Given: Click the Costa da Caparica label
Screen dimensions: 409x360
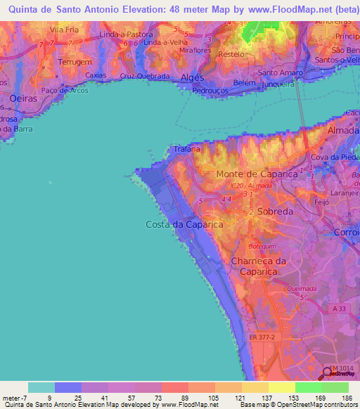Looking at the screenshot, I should pos(184,224).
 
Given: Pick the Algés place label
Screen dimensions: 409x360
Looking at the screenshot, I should pos(192,77).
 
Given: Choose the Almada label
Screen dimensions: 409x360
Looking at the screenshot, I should pos(342,131).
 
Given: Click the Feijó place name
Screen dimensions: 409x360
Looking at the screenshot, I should pos(321,201).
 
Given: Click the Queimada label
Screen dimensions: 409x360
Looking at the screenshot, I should pos(302,288).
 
